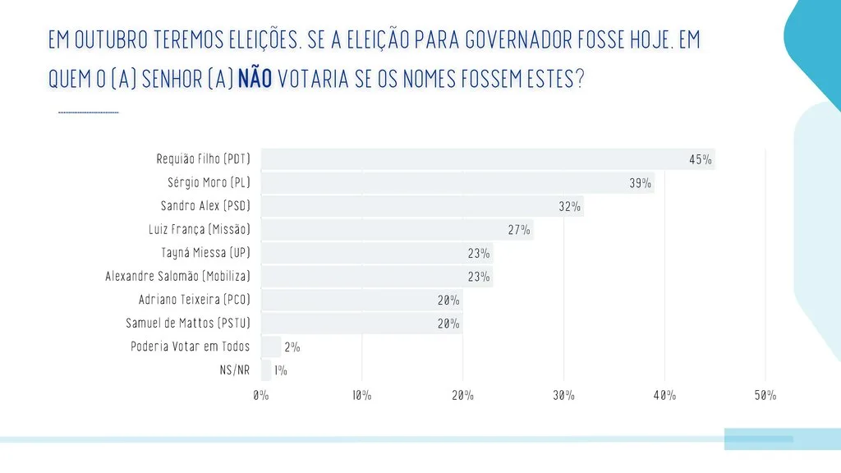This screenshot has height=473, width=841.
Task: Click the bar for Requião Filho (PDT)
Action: coord(488,159)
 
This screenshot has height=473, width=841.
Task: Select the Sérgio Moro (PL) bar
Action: coord(457,183)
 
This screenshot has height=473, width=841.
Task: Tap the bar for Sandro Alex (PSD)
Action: coord(422,206)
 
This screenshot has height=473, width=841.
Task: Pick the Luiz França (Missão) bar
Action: coord(398,230)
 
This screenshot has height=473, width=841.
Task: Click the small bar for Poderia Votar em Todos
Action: coord(271,347)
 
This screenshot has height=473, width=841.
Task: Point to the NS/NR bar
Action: coord(266,370)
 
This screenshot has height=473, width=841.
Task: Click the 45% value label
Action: coord(701,160)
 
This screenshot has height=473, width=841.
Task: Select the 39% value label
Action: coord(641,183)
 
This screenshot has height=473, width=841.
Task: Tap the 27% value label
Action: coord(519,230)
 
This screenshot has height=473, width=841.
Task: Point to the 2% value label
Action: coord(292,347)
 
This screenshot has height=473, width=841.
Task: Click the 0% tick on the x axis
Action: coord(261,396)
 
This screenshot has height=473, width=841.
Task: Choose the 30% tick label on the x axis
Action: coord(563,396)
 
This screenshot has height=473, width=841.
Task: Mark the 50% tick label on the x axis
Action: coord(765,396)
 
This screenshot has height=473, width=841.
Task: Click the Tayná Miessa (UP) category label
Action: coord(206,253)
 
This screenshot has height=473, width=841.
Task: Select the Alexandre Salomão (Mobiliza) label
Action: coord(177,276)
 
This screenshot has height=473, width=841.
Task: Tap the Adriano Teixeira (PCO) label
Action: coord(194,299)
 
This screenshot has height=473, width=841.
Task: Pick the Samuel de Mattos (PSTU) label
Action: coord(188,323)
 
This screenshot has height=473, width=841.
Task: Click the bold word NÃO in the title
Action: coord(255,80)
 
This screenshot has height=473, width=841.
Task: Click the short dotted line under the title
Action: coord(89,113)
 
